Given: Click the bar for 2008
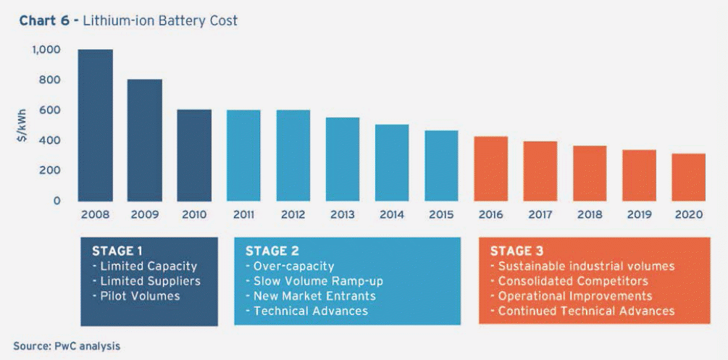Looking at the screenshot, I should pyautogui.click(x=95, y=125).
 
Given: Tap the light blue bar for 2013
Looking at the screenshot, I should pyautogui.click(x=342, y=159).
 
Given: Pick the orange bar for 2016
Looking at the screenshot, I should pyautogui.click(x=490, y=168).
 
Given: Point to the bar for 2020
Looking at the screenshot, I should pyautogui.click(x=687, y=177).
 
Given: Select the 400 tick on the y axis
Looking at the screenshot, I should pyautogui.click(x=50, y=140).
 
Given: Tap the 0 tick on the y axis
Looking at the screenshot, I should pyautogui.click(x=56, y=200).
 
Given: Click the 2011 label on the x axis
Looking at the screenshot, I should pyautogui.click(x=243, y=215).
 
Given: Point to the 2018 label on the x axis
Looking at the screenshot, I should pyautogui.click(x=589, y=215).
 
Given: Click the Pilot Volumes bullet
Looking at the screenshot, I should pyautogui.click(x=135, y=296).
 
